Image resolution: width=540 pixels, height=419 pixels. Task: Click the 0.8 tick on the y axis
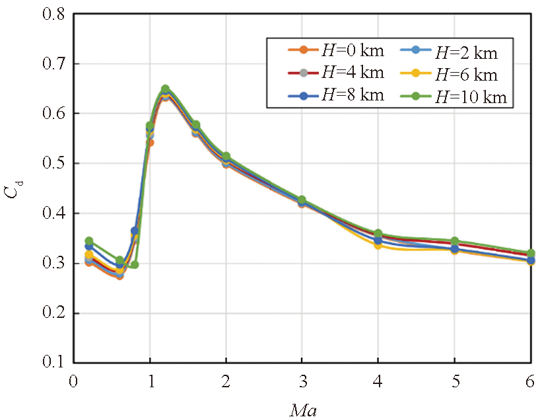tap(53, 14)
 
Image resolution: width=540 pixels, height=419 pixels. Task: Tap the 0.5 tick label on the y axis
tap(53, 163)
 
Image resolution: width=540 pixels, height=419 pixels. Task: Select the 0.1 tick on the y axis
tap(53, 363)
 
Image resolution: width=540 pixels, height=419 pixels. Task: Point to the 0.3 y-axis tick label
tap(53, 263)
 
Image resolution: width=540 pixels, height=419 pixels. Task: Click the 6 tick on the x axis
tap(531, 383)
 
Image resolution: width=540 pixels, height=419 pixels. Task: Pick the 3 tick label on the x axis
tap(302, 383)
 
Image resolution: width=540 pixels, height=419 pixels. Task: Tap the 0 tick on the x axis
tap(74, 383)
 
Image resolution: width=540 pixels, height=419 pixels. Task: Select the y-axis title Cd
tap(15, 191)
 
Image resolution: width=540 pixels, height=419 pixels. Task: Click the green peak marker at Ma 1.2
tap(165, 89)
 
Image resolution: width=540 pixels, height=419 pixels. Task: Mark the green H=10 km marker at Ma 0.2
tap(89, 241)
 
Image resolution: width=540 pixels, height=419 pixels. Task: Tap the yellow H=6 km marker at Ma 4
tap(378, 245)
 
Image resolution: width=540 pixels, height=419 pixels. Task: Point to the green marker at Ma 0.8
tap(135, 264)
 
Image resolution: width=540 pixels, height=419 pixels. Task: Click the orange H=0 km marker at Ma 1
tap(150, 142)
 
